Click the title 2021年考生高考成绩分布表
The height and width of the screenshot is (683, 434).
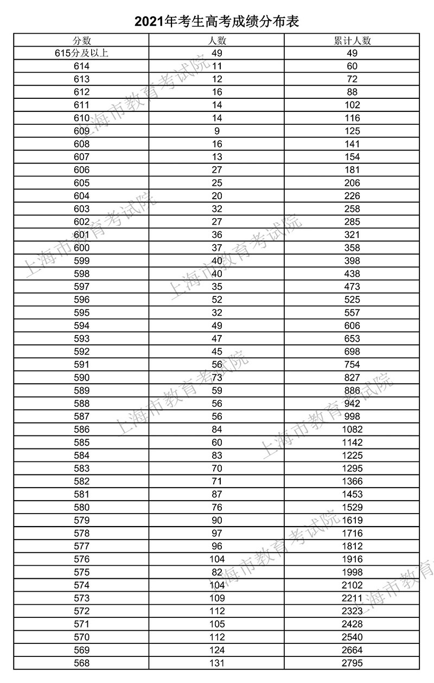217,21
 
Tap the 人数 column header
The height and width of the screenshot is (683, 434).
217,41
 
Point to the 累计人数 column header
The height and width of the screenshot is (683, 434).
352,41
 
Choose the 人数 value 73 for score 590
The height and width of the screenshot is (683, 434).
217,377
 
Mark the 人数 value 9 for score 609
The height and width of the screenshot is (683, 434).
217,131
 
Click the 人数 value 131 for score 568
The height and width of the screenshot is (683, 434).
217,663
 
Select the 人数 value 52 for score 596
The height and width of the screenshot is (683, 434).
217,300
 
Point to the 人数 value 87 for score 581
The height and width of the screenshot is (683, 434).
217,494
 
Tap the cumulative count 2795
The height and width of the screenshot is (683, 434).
352,663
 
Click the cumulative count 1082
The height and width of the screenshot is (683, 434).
352,429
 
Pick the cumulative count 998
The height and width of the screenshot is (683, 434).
352,416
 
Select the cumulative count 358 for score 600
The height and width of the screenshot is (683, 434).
352,248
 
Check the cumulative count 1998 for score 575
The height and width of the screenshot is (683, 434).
352,572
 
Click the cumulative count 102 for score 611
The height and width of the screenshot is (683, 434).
352,105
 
